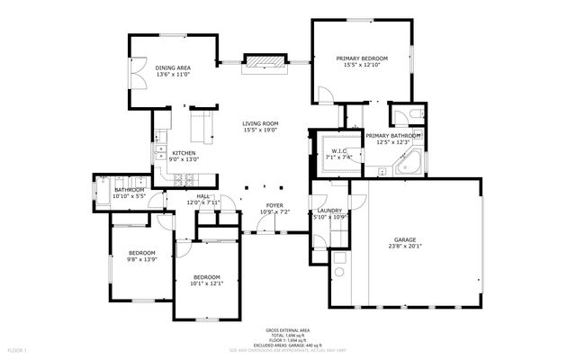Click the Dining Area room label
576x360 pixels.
(x=172, y=67)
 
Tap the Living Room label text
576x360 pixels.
(x=260, y=124)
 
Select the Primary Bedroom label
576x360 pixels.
(x=363, y=58)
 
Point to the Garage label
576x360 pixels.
(x=404, y=239)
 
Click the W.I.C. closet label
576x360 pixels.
(x=339, y=151)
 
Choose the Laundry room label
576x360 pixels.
(x=328, y=211)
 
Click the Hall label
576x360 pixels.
(x=202, y=196)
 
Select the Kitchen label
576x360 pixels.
(x=184, y=153)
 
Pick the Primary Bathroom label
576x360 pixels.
(x=392, y=135)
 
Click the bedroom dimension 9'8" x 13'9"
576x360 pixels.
(x=141, y=259)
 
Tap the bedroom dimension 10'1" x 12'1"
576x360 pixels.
(x=205, y=283)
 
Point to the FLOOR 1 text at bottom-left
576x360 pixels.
(x=17, y=349)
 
